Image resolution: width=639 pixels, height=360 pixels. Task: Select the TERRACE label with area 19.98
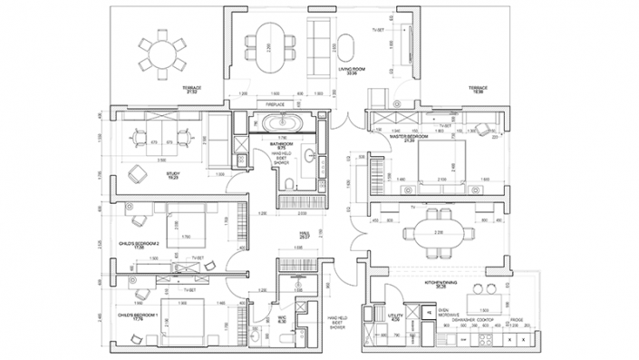coord(479,88)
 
